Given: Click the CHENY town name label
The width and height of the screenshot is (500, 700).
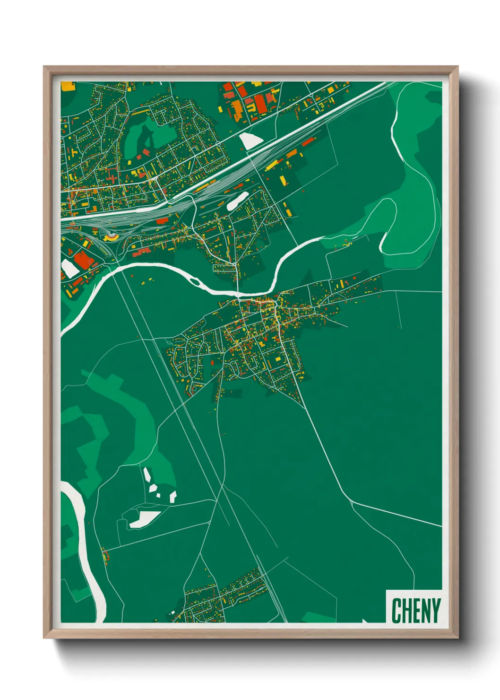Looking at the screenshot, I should point(415,610).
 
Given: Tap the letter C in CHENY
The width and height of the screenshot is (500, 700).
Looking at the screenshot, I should point(397,610).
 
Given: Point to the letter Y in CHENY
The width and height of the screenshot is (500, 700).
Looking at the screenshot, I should point(435,610).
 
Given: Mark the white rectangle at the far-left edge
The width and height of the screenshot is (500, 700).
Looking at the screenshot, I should point(69,268).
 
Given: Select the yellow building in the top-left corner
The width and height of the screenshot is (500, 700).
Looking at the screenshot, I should point(68,86).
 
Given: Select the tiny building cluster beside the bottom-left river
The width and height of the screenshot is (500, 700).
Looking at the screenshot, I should point(104,553).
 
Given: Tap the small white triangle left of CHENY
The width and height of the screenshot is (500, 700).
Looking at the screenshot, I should point(365,621).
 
